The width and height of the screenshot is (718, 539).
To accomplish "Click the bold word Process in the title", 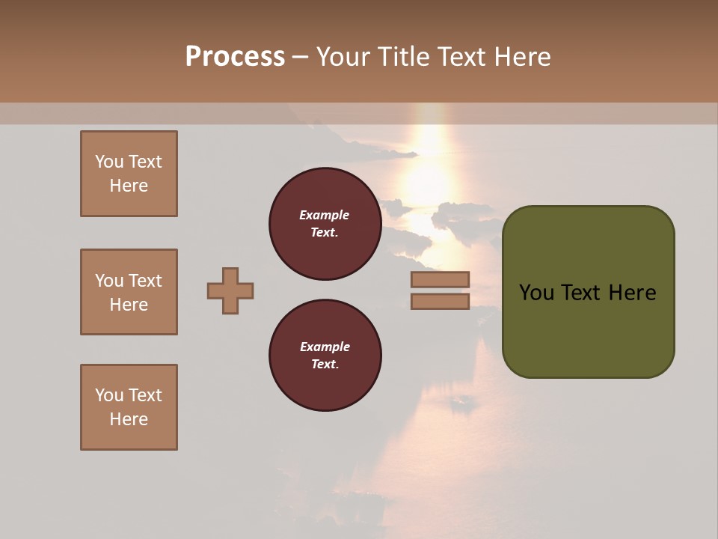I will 235,57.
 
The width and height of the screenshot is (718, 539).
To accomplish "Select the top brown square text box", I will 129,174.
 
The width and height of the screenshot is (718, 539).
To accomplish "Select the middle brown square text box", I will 129,292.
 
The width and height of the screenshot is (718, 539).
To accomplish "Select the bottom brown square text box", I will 129,407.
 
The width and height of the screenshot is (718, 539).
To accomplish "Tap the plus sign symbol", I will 230,290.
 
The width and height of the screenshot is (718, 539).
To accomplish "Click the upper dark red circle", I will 325,224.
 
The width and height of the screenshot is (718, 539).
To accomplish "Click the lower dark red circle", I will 325,356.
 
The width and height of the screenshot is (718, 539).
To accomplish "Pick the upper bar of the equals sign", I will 440,279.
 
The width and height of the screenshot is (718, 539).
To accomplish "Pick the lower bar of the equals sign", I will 440,301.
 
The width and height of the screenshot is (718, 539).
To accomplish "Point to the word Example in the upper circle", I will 324,215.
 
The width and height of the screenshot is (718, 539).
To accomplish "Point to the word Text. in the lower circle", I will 325,365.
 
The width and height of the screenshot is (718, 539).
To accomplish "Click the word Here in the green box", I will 632,293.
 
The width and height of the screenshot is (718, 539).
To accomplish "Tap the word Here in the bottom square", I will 129,419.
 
